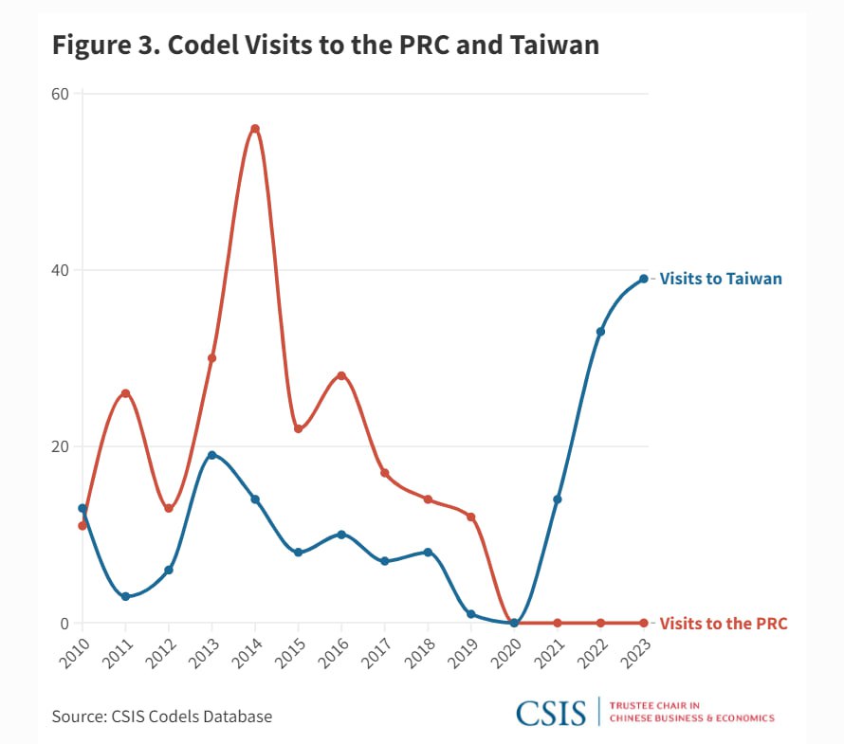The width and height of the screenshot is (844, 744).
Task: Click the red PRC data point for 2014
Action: click(255, 129)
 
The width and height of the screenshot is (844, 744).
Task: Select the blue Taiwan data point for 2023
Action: click(643, 279)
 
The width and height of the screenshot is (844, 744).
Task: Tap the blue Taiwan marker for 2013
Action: click(211, 455)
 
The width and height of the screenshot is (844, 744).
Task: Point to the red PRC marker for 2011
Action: click(125, 393)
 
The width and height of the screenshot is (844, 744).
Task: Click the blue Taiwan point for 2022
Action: click(600, 332)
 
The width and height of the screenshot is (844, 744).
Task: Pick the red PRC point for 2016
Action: click(341, 375)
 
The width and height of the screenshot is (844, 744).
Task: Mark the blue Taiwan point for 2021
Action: click(558, 499)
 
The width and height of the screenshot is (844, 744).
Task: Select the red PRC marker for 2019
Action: click(470, 517)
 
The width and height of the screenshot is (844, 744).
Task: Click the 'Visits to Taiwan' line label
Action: click(721, 279)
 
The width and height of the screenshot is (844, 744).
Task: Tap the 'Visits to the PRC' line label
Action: click(724, 624)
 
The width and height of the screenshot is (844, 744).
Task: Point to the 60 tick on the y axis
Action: click(61, 93)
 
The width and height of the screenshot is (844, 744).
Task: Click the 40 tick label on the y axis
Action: click(61, 270)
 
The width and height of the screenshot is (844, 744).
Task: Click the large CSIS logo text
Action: click(550, 713)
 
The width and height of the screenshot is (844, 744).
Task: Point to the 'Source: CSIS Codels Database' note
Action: click(162, 717)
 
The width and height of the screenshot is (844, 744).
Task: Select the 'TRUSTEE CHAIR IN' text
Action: click(654, 706)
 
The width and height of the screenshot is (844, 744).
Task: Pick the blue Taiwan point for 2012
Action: click(169, 570)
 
